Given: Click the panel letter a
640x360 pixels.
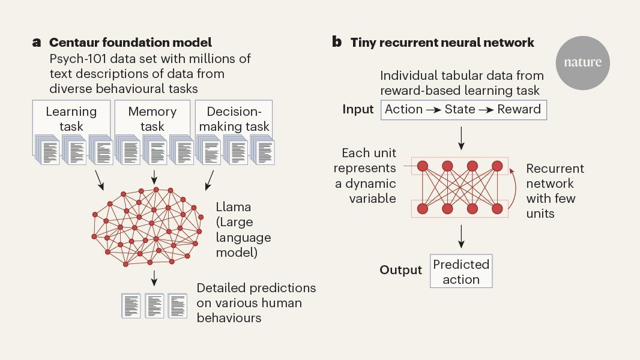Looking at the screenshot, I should (37, 43).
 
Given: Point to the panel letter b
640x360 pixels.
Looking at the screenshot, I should (337, 43).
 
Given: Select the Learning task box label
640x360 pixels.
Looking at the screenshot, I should (71, 118).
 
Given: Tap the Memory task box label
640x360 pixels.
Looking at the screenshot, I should (152, 118).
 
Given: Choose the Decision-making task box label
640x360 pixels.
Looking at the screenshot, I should (237, 119).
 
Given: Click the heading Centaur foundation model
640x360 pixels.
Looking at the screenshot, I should (130, 43).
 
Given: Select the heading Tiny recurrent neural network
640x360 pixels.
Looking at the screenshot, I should (442, 43).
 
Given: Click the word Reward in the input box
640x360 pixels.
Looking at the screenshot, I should (519, 109).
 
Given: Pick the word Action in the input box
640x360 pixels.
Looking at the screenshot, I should (404, 109).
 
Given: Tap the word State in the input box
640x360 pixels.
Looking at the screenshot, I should (461, 109).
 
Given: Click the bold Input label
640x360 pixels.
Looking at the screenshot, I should (358, 109).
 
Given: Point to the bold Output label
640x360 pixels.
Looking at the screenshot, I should (400, 270).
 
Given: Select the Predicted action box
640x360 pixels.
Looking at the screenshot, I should (461, 272).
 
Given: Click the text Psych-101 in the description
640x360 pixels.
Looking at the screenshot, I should (79, 59).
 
